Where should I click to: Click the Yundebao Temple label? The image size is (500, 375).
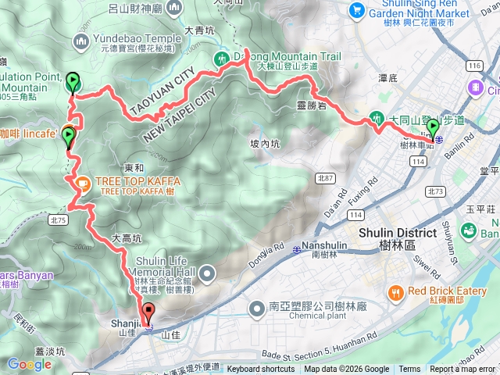[x=138, y=39]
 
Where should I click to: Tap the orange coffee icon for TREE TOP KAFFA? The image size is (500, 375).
[x=82, y=182]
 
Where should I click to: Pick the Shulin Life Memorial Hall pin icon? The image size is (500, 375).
[x=208, y=273]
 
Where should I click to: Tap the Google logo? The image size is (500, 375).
[x=30, y=364]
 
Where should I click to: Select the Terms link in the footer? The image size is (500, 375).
[x=409, y=370]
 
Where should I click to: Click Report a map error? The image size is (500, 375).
[x=462, y=370]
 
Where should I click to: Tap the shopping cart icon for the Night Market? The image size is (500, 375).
[x=357, y=10]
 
